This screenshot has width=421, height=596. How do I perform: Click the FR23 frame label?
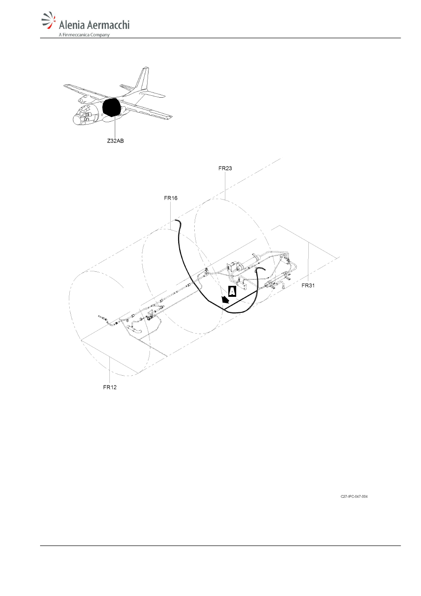pyautogui.click(x=225, y=168)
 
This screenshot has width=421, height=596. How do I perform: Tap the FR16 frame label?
pyautogui.click(x=171, y=198)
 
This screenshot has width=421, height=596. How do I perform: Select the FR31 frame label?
pyautogui.click(x=308, y=285)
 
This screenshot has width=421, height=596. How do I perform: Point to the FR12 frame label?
pyautogui.click(x=110, y=387)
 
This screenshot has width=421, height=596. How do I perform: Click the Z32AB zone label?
pyautogui.click(x=116, y=141)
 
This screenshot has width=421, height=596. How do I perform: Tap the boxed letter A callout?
pyautogui.click(x=232, y=291)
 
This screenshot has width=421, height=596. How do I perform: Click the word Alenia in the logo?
pyautogui.click(x=72, y=25)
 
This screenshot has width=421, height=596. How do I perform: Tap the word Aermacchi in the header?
pyautogui.click(x=108, y=25)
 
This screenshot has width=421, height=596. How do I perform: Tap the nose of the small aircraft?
pyautogui.click(x=76, y=120)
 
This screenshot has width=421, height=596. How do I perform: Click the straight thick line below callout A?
pyautogui.click(x=240, y=301)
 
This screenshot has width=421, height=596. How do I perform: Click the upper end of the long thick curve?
pyautogui.click(x=176, y=220)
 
